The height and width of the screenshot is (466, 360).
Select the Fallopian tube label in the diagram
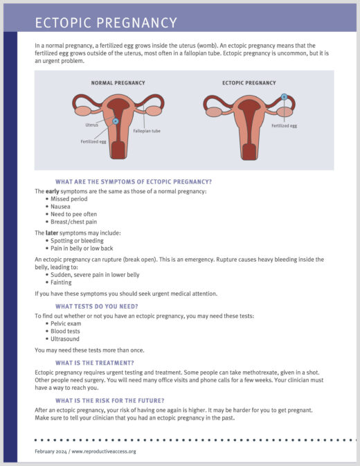click(147, 130)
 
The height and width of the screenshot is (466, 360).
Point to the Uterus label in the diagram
click(92, 125)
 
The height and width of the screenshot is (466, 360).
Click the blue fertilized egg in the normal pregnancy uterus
click(116, 121)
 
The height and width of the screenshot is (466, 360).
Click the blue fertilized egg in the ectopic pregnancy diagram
click(284, 97)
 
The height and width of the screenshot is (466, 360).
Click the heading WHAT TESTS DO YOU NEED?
click(97, 305)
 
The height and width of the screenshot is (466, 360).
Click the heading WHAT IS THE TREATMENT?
click(95, 363)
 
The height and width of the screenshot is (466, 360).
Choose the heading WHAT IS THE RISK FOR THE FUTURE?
click(109, 400)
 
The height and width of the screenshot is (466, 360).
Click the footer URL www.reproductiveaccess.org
click(102, 451)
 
